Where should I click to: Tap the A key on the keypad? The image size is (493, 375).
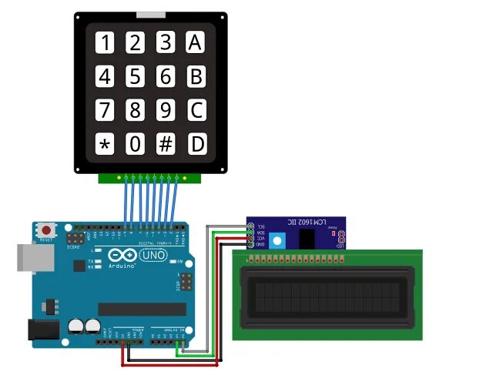tap(196, 42)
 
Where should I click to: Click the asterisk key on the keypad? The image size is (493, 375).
tap(105, 144)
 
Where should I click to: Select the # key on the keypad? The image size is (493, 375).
tap(166, 144)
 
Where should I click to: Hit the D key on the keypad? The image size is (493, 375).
tap(197, 144)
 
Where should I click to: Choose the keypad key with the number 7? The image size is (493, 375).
tap(105, 110)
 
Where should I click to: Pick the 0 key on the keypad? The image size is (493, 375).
tap(136, 144)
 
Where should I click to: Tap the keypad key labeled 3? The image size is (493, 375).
tap(166, 42)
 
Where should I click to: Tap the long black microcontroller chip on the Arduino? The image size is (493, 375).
tap(142, 309)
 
